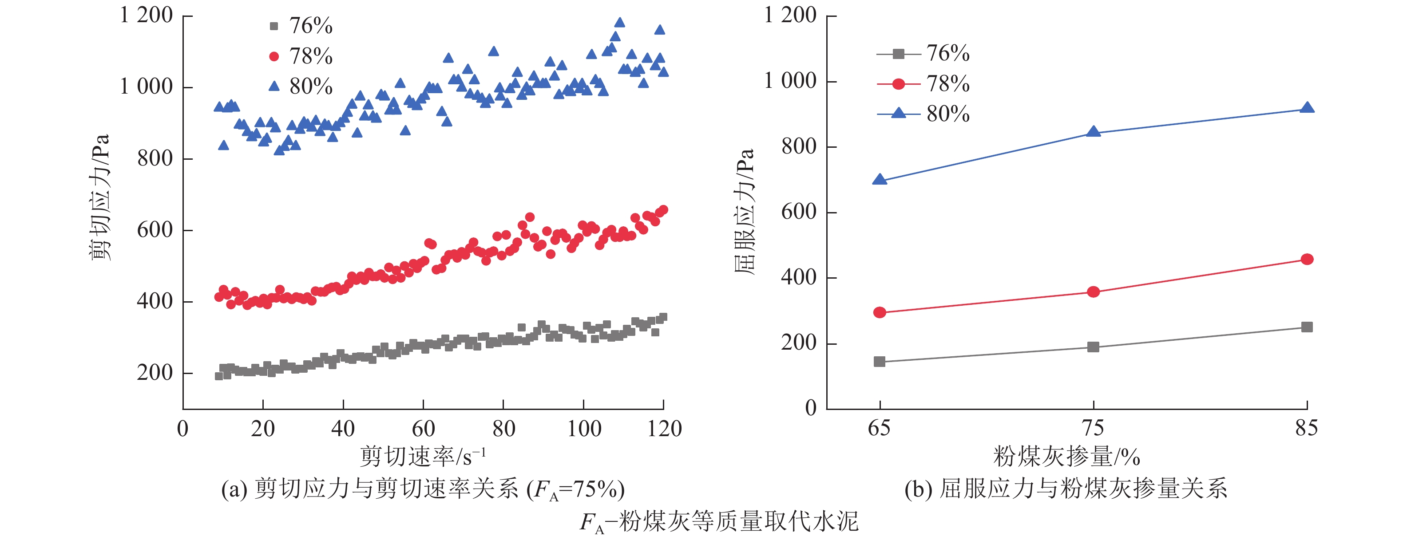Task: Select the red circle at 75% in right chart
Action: coord(1093,292)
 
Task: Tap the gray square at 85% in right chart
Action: coord(1307,327)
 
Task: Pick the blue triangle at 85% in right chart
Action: coord(1307,107)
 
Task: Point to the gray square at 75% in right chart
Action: coord(1093,347)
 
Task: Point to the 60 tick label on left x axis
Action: coord(423,429)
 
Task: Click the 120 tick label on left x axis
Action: coord(664,429)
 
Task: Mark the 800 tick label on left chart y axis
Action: coord(155,158)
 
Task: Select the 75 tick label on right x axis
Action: coord(1093,428)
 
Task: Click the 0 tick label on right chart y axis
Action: coord(811,408)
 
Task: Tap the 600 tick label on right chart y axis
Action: coord(799,212)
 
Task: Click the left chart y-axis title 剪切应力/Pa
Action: coord(100,197)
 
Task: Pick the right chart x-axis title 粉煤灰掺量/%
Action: coord(1066,456)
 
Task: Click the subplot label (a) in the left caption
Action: coord(234,489)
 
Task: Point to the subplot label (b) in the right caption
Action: coord(918,489)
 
